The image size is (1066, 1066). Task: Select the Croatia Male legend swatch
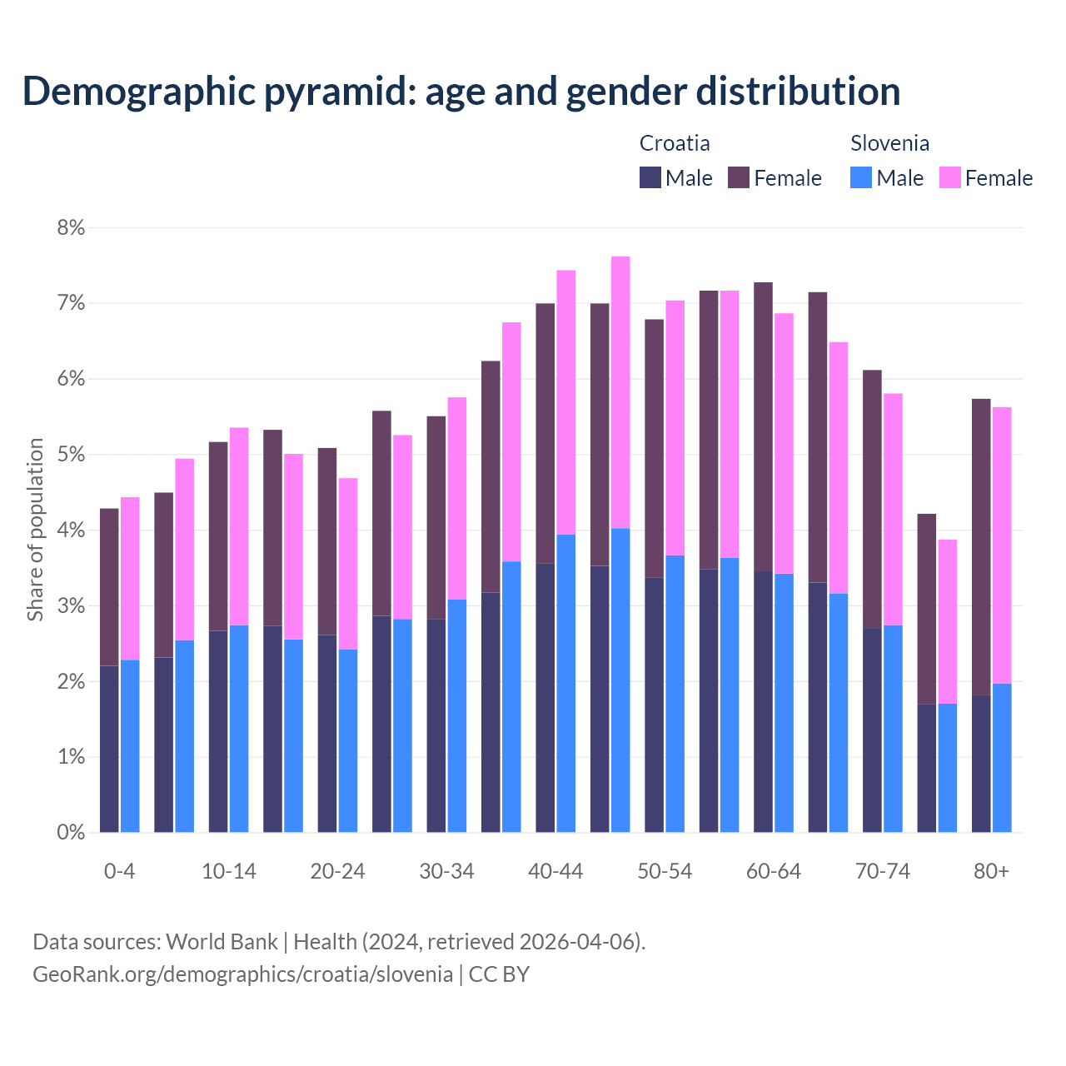[x=650, y=177]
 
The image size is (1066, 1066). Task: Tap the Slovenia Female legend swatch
[x=949, y=177]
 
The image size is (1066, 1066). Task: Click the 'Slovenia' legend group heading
[x=889, y=143]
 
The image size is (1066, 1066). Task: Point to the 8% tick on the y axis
[x=71, y=227]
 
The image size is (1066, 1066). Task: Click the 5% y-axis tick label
[x=71, y=455]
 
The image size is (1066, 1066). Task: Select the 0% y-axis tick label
[x=71, y=832]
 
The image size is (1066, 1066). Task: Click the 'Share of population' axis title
[x=35, y=530]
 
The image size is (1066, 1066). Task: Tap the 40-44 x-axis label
[x=555, y=871]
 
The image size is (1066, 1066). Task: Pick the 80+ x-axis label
[x=991, y=871]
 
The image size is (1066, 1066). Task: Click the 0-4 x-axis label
[x=119, y=871]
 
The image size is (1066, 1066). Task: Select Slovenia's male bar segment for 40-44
[x=566, y=683]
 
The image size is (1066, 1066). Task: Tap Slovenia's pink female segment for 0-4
[x=130, y=578]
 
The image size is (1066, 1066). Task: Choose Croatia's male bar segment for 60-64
[x=763, y=701]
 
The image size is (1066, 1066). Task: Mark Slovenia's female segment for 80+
[x=1002, y=545]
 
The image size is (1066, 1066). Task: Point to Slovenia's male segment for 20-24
[x=348, y=740]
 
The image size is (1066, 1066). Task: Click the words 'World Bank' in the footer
[x=222, y=942]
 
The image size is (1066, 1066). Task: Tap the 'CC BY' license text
[x=499, y=974]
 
